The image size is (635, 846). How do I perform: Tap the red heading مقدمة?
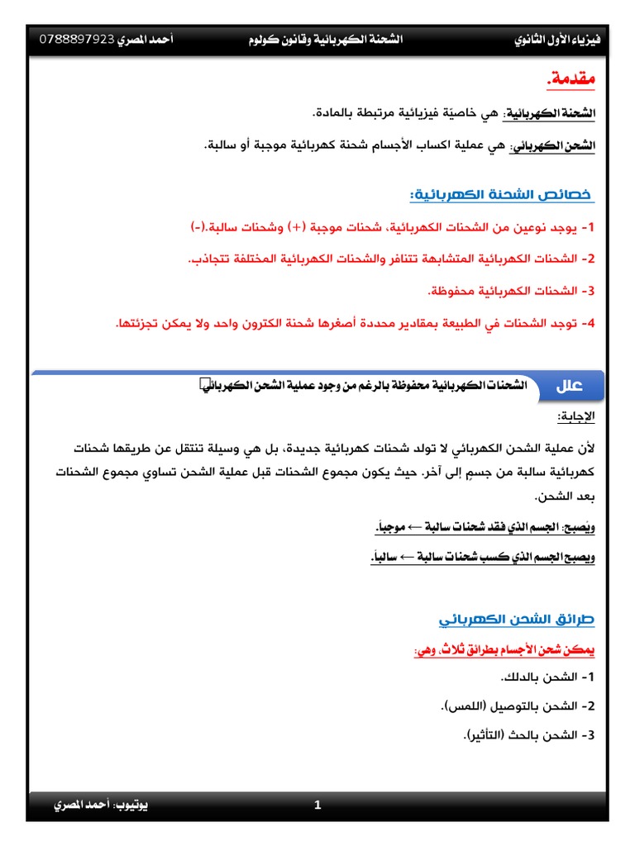[x=571, y=80]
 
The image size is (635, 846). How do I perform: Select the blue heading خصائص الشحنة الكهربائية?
[x=503, y=195]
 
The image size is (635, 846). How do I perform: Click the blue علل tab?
[x=570, y=386]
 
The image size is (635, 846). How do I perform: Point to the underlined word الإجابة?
[x=575, y=416]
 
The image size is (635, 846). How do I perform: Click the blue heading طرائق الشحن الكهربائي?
[x=517, y=619]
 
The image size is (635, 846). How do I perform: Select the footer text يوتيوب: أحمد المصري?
[x=101, y=805]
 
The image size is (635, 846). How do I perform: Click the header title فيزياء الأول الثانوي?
[x=557, y=40]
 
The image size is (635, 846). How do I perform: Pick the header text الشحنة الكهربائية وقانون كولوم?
[x=326, y=40]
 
